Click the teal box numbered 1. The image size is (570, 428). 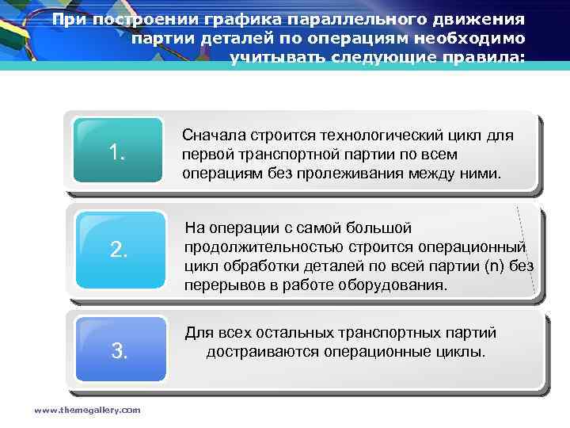(120, 151)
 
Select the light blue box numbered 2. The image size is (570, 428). (120, 250)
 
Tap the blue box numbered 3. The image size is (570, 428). (120, 350)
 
